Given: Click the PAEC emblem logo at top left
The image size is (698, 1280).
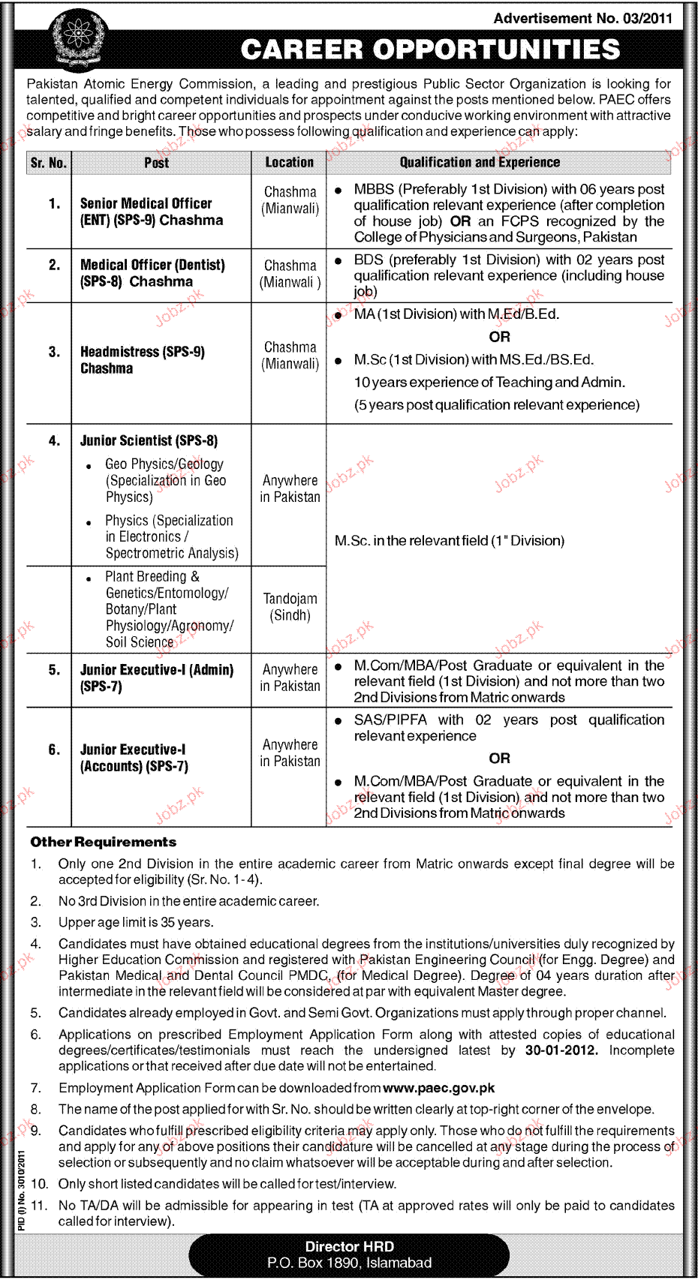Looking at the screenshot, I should (77, 39).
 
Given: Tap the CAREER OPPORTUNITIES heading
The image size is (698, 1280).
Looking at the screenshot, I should (430, 50).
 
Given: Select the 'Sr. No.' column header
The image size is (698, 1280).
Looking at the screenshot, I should (49, 163).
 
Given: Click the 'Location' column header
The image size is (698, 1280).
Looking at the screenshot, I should (289, 162).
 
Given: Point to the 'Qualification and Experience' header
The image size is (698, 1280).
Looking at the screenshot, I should (480, 162).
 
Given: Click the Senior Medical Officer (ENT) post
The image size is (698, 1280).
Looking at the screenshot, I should (151, 212).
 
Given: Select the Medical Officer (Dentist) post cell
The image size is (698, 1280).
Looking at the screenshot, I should (152, 273).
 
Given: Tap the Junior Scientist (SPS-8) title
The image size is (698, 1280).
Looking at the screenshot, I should (149, 440).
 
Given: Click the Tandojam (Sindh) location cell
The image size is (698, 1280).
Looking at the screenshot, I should (290, 607).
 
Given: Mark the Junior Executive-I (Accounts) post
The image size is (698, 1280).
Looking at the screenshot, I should (134, 758).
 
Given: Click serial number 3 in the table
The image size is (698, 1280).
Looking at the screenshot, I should (54, 352).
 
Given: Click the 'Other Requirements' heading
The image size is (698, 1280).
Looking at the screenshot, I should (104, 842).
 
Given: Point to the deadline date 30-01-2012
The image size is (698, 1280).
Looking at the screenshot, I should (561, 1050).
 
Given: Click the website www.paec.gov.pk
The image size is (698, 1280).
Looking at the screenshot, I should (438, 1088).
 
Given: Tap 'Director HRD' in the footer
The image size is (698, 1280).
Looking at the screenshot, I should (349, 1246).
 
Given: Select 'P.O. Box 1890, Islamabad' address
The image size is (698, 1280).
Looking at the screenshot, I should (349, 1263).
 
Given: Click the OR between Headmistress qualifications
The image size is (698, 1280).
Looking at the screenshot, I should (499, 337).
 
